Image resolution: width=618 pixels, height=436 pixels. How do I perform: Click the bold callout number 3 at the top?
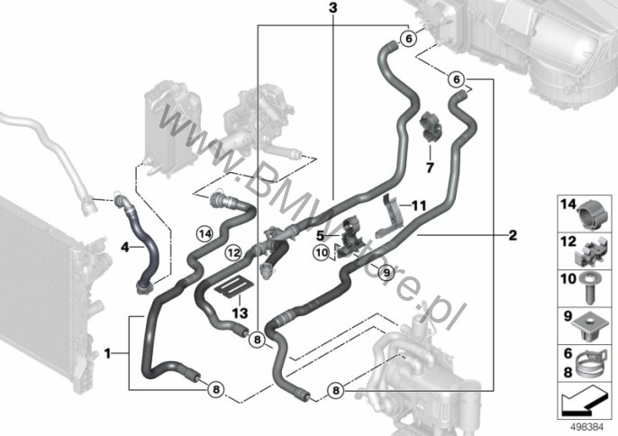click(333, 7)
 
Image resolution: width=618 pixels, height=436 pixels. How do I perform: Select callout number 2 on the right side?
click(513, 235)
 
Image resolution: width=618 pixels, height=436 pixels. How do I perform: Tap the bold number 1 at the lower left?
click(107, 354)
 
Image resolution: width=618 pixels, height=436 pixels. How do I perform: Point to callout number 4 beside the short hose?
click(125, 248)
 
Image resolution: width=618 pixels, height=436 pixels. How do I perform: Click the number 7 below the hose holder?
click(430, 168)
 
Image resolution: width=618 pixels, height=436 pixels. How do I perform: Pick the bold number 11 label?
click(419, 205)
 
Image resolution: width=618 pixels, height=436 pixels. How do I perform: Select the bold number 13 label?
click(240, 313)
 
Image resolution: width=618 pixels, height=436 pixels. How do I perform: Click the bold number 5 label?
click(320, 236)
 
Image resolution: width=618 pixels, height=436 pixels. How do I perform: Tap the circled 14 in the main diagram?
click(205, 234)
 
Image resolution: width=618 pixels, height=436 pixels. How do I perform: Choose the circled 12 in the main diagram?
click(233, 252)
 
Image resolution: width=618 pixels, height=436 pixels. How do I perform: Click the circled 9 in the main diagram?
click(386, 272)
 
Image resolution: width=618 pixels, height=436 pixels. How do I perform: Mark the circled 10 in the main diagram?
click(322, 252)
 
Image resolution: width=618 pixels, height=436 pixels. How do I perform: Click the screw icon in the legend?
click(589, 290)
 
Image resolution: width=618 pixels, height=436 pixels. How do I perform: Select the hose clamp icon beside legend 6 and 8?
click(589, 363)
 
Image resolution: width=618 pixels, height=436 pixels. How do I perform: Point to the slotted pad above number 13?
click(234, 286)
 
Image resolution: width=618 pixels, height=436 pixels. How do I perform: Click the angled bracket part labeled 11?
click(389, 217)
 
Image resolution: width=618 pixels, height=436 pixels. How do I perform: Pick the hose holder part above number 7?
click(431, 126)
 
